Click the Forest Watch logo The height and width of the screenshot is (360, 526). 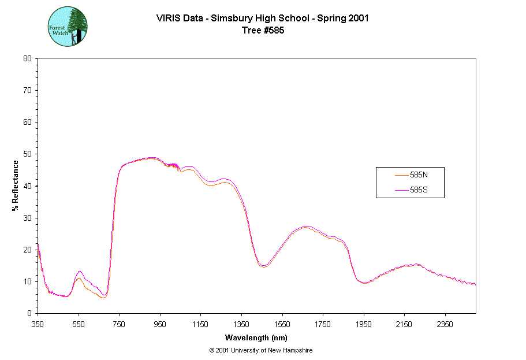[x=68, y=27]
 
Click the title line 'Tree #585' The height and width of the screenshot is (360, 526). [x=263, y=31]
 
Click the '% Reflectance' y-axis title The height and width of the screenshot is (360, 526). [x=16, y=185]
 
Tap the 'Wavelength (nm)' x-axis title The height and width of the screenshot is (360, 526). [x=257, y=338]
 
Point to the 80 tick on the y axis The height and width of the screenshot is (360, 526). [x=27, y=58]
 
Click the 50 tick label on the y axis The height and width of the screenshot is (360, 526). [x=27, y=154]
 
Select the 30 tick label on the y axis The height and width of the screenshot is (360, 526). [x=27, y=218]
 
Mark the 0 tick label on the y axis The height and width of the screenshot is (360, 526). [x=29, y=313]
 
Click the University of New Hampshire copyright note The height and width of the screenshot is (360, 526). [x=261, y=350]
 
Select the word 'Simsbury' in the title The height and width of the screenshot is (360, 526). [x=230, y=18]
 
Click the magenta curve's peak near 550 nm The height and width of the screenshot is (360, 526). [x=79, y=271]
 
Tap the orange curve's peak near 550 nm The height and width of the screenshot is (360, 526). [x=79, y=279]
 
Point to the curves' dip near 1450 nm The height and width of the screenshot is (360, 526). [x=263, y=266]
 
